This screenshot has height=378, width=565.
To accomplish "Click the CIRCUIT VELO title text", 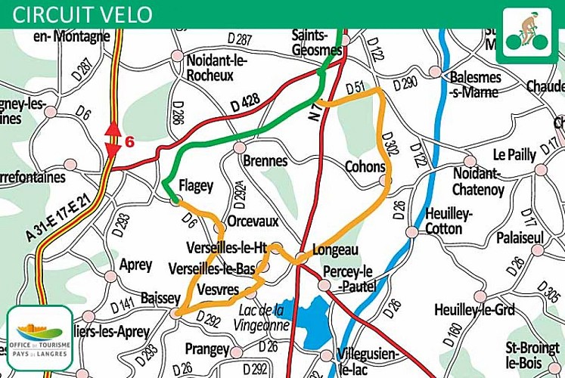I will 83,14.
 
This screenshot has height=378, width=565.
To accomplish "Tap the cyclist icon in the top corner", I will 528,29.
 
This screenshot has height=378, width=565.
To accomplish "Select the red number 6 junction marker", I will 129,141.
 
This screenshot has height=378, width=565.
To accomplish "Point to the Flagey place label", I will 196,185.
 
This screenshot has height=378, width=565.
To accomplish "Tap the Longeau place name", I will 334,249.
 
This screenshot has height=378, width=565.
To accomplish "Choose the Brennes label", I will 265,161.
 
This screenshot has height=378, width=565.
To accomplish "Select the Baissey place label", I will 160,299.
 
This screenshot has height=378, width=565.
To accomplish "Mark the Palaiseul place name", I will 520,238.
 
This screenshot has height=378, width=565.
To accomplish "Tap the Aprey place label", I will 136,265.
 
